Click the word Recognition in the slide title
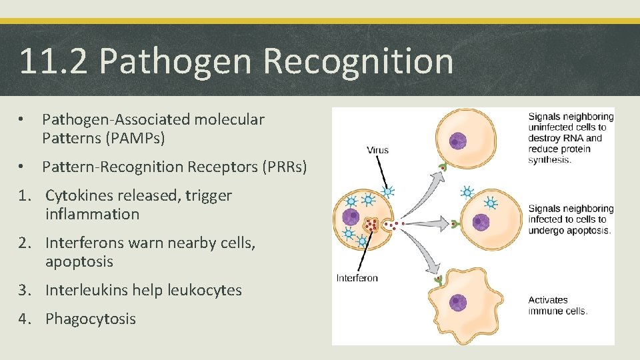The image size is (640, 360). tap(358, 61)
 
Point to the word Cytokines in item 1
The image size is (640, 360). tap(78, 196)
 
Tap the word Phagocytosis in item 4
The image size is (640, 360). tap(90, 319)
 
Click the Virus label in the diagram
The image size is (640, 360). tap(377, 150)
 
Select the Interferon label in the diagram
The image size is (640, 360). tap(357, 278)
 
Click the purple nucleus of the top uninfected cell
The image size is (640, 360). tap(457, 141)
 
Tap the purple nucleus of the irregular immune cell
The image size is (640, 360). tap(458, 303)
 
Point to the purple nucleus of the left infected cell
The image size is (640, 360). tap(351, 217)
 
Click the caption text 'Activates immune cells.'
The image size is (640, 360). tap(557, 305)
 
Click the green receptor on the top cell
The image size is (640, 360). tap(441, 167)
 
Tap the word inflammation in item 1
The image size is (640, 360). tap(92, 215)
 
